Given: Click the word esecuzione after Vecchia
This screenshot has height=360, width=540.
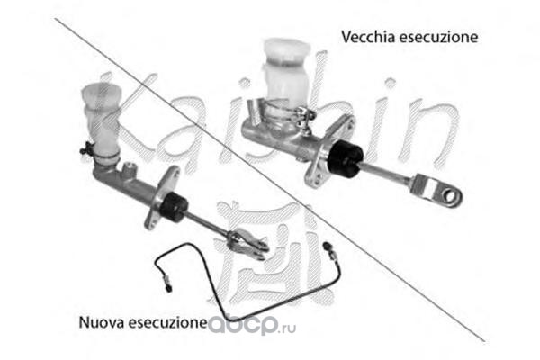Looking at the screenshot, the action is click(438, 37).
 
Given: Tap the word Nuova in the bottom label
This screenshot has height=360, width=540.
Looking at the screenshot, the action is click(102, 322).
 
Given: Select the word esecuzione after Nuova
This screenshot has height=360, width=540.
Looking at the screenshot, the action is click(168, 322).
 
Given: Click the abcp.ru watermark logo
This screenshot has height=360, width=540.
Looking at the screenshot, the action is click(252, 325).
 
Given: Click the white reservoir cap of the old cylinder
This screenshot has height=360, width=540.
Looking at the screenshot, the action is click(288, 51).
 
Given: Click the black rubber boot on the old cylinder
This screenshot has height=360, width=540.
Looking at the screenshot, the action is click(345, 158).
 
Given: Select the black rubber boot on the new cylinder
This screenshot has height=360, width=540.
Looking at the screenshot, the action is click(174, 207).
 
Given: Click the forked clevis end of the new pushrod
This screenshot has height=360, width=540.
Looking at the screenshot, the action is click(248, 245).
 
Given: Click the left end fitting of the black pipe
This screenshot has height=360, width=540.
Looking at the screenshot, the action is click(167, 282).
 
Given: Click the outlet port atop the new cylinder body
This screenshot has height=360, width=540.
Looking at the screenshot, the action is click(130, 169).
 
